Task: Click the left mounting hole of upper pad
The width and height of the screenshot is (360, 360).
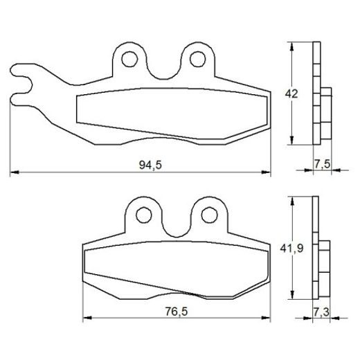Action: click(x=128, y=60)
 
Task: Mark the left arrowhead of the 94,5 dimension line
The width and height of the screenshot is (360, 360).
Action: click(x=12, y=171)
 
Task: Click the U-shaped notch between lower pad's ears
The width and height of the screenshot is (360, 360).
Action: click(x=176, y=225)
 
